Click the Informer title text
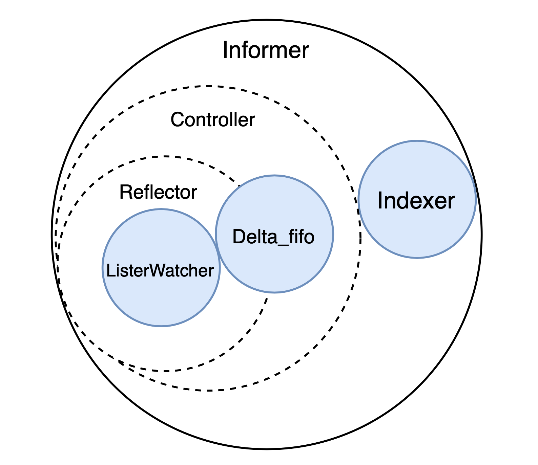[266, 51]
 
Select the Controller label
[212, 120]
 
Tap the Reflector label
[158, 192]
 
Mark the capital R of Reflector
[125, 192]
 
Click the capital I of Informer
[225, 51]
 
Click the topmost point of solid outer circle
[267, 20]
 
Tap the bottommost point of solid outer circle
[267, 449]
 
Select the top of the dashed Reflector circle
[165, 156]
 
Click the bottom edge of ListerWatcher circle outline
[161, 326]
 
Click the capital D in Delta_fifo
[237, 237]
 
